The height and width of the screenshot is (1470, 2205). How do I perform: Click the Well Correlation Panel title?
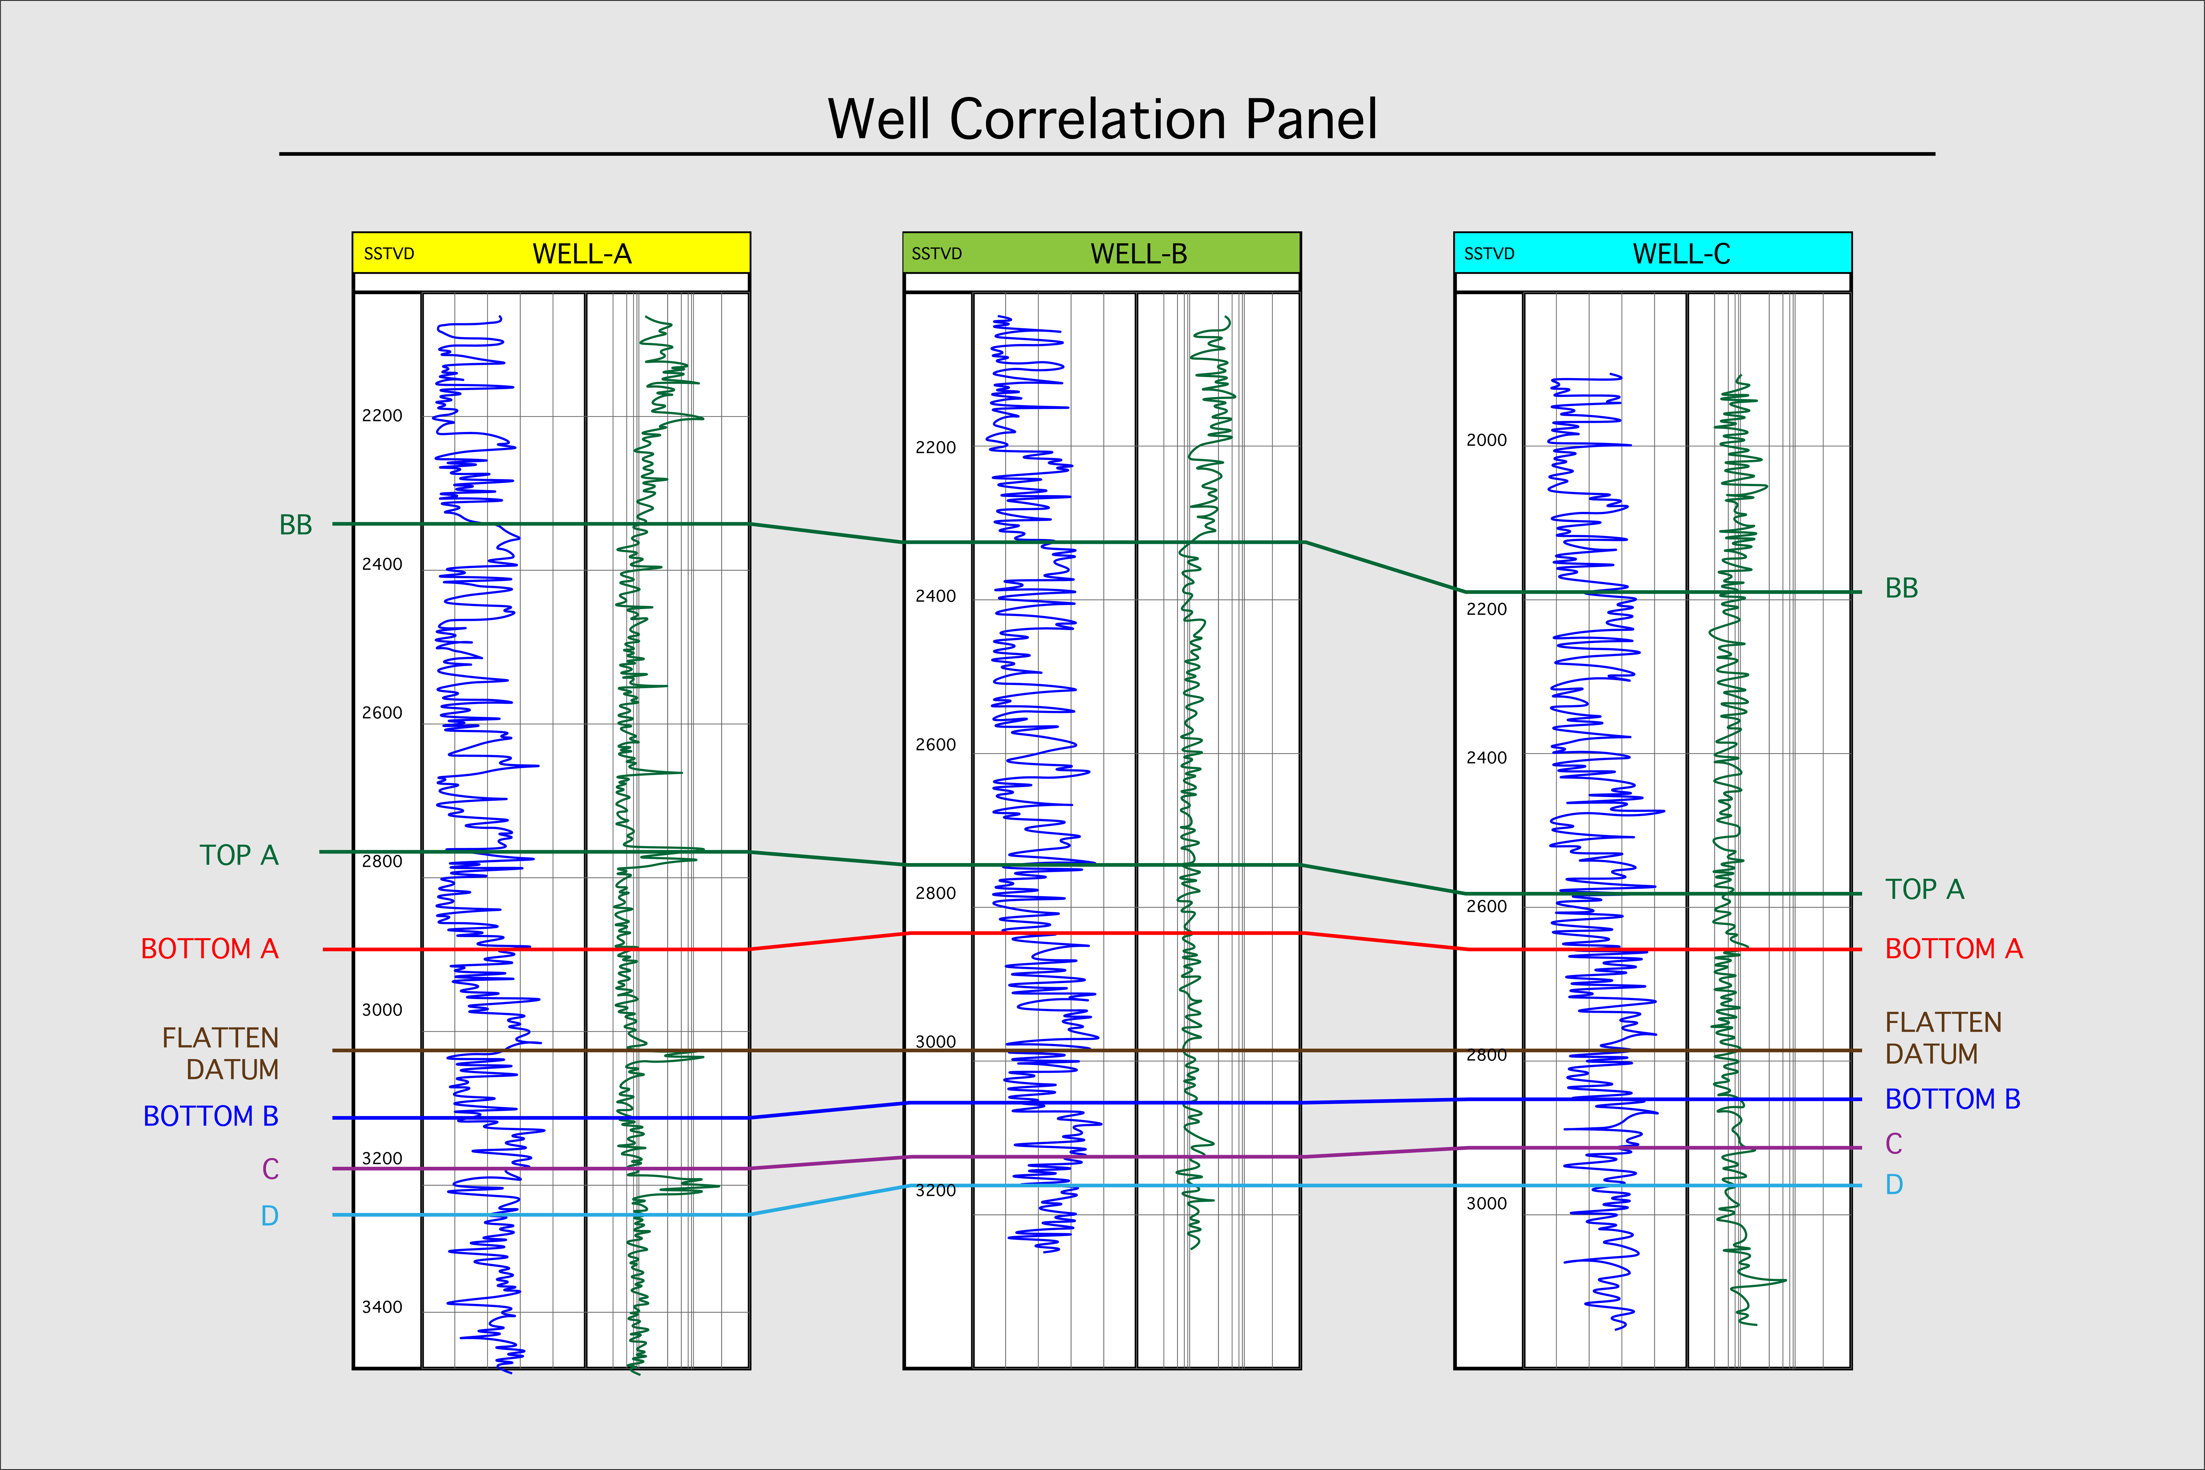1102,120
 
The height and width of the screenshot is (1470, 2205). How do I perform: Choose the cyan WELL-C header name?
1681,254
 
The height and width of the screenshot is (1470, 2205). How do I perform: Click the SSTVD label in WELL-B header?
937,254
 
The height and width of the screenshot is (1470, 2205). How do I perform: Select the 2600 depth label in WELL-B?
936,744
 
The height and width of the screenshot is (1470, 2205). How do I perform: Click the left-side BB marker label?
295,525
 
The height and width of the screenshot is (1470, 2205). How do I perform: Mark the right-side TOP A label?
1924,889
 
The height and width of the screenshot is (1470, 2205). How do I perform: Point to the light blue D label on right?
1894,1185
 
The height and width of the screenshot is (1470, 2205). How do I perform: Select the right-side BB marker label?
1901,589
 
